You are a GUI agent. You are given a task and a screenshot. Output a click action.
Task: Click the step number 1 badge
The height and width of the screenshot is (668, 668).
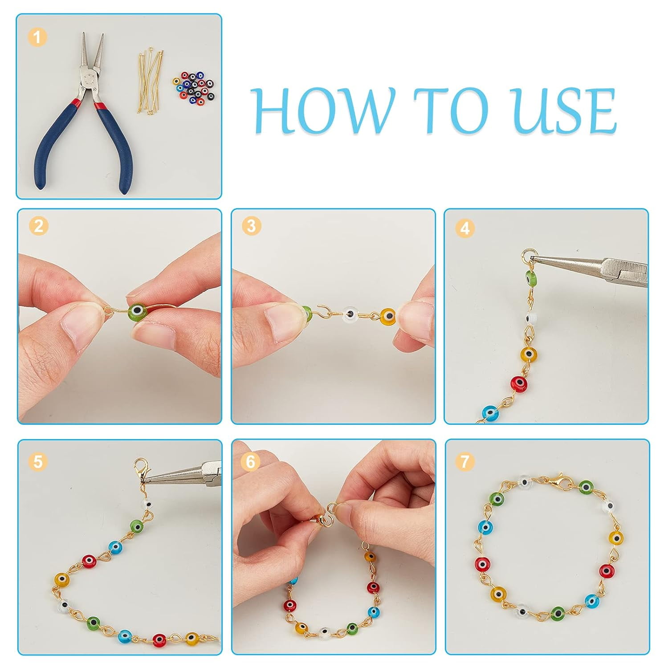[x=37, y=37]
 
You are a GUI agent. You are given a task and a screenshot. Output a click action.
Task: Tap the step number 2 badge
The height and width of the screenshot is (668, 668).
[x=39, y=226]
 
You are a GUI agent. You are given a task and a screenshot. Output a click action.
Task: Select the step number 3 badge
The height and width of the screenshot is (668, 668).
[x=252, y=226]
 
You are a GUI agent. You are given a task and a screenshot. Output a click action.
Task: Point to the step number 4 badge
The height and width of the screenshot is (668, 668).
[x=465, y=228]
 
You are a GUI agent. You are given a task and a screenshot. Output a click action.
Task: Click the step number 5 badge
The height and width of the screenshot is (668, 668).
[x=38, y=461]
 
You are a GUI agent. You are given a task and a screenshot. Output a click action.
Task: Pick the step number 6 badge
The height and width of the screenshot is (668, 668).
[x=251, y=461]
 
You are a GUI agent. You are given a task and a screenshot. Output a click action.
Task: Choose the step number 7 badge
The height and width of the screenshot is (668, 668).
[x=465, y=461]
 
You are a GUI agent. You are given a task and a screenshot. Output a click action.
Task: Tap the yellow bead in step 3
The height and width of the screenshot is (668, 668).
[x=388, y=316]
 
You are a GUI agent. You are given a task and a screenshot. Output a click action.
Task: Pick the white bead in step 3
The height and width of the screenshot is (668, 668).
[x=352, y=314]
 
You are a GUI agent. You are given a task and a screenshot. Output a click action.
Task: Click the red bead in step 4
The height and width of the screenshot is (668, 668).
[x=518, y=383]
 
